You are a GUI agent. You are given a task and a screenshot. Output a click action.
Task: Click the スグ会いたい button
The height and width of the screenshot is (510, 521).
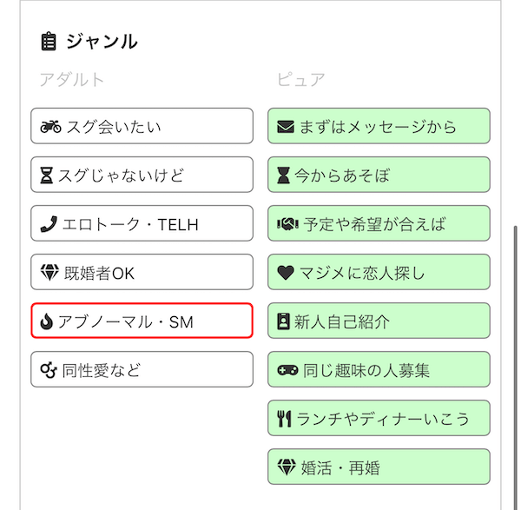(x=142, y=126)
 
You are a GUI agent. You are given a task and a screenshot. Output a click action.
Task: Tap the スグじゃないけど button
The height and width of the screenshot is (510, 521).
(x=142, y=175)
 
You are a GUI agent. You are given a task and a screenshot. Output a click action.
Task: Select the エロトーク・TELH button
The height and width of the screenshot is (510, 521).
(x=142, y=223)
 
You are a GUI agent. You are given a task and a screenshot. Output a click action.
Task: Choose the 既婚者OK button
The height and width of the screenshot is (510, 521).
(x=142, y=272)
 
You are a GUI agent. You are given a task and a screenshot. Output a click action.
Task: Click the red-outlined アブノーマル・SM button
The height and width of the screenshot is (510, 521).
(x=142, y=321)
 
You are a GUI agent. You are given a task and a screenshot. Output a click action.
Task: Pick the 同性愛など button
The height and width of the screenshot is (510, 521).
(x=142, y=369)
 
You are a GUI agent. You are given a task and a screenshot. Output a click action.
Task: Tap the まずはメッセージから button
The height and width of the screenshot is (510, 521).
(x=379, y=126)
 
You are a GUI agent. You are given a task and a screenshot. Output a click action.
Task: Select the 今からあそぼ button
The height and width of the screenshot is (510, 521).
(x=379, y=175)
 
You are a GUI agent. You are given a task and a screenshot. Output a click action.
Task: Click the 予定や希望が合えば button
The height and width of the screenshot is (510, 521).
(x=379, y=223)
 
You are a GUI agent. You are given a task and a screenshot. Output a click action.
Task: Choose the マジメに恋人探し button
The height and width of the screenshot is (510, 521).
(x=379, y=272)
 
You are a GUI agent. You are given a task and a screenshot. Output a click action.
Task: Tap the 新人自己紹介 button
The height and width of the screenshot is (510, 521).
(x=379, y=321)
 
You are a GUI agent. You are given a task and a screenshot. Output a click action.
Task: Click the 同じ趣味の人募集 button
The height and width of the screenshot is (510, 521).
(x=379, y=369)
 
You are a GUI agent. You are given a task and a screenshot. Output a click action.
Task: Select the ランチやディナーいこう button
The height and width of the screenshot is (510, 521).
(x=379, y=418)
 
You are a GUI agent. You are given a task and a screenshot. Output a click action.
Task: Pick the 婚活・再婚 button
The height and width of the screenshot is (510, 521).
(x=379, y=467)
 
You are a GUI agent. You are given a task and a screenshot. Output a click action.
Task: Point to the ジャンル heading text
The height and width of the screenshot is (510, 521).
(x=102, y=42)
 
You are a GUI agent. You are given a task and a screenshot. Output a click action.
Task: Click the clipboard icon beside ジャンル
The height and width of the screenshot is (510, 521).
(x=49, y=41)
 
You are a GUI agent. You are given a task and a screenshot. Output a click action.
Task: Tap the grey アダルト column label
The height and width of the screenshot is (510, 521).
(x=72, y=80)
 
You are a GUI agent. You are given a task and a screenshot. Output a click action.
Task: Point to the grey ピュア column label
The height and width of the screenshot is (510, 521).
(x=301, y=80)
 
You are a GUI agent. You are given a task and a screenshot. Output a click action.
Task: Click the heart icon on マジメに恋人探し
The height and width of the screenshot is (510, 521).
(x=286, y=273)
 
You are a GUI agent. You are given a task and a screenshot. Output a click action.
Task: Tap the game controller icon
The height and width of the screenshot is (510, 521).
(x=287, y=370)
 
